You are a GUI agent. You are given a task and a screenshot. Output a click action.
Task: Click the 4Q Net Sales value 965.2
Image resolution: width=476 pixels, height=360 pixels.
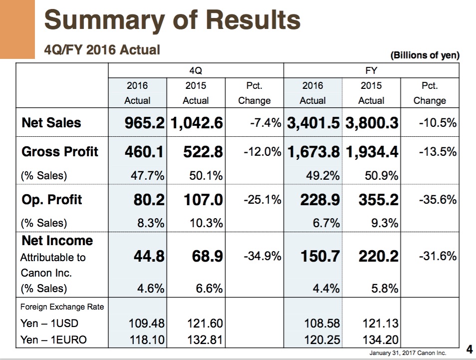pos(144,123)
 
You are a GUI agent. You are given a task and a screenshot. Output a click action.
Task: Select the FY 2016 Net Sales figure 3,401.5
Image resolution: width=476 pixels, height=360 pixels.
pos(313,123)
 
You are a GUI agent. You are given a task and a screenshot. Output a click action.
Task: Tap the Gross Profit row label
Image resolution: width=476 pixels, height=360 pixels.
pos(60,151)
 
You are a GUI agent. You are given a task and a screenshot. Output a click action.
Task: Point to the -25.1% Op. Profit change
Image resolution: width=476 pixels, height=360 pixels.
pos(262,200)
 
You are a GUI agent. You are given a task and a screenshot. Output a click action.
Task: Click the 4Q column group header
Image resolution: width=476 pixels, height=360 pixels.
pos(196,71)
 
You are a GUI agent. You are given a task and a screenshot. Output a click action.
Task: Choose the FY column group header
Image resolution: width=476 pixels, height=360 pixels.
pos(371,71)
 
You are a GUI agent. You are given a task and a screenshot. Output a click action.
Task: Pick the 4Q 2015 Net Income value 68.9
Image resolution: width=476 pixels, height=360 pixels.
pos(208,256)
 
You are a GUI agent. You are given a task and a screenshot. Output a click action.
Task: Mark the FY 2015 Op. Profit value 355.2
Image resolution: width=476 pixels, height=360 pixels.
pos(378,200)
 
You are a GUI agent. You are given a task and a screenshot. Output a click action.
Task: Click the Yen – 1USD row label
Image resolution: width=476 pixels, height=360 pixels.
pos(49,323)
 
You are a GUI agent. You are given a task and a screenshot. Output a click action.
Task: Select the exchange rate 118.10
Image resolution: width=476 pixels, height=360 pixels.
pos(147,340)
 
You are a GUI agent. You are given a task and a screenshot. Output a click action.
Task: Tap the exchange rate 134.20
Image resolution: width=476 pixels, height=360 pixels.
pos(380,340)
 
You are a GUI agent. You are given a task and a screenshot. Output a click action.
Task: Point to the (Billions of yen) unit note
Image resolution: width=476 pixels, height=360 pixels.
pos(425,55)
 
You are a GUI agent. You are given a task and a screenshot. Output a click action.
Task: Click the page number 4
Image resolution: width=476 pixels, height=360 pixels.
pos(470,350)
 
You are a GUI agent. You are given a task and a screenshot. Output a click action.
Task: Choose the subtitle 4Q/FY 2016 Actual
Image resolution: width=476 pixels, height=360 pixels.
pos(102,50)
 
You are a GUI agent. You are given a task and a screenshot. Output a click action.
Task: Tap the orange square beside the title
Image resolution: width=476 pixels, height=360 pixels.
pos(17,29)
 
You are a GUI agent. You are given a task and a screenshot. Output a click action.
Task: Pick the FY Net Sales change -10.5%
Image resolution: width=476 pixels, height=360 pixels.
pos(438,123)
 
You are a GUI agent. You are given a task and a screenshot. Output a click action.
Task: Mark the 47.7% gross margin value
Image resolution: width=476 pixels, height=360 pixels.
pos(148,176)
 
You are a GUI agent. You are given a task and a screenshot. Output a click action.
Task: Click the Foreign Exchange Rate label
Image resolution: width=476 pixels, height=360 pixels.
pos(62,307)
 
